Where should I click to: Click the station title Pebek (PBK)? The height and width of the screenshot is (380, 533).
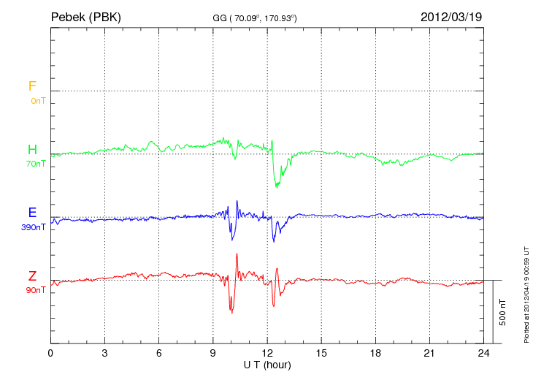(x=85, y=16)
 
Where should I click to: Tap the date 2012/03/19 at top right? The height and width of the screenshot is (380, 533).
(x=451, y=16)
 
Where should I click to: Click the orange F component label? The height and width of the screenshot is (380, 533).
(x=32, y=86)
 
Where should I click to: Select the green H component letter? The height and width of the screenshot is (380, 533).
(x=32, y=150)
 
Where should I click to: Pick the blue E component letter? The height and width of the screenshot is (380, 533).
(x=32, y=213)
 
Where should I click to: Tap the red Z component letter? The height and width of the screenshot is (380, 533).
(x=32, y=275)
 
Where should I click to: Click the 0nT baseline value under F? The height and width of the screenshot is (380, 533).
(x=37, y=101)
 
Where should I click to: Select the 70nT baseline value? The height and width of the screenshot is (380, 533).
(x=36, y=164)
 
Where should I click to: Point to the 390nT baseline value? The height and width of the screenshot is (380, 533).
(x=34, y=227)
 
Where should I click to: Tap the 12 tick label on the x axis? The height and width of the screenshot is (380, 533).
(x=267, y=353)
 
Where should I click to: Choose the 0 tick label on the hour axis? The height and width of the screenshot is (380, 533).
(x=50, y=353)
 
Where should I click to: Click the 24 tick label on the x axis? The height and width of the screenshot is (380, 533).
(x=483, y=353)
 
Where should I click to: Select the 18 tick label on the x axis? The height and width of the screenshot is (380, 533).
(x=375, y=353)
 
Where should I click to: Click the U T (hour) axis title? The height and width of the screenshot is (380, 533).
(x=266, y=364)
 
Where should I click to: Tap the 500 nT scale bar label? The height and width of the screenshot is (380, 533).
(x=502, y=312)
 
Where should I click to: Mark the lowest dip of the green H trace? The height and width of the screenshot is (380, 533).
(x=277, y=187)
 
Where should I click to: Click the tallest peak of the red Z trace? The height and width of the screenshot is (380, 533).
(x=237, y=254)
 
